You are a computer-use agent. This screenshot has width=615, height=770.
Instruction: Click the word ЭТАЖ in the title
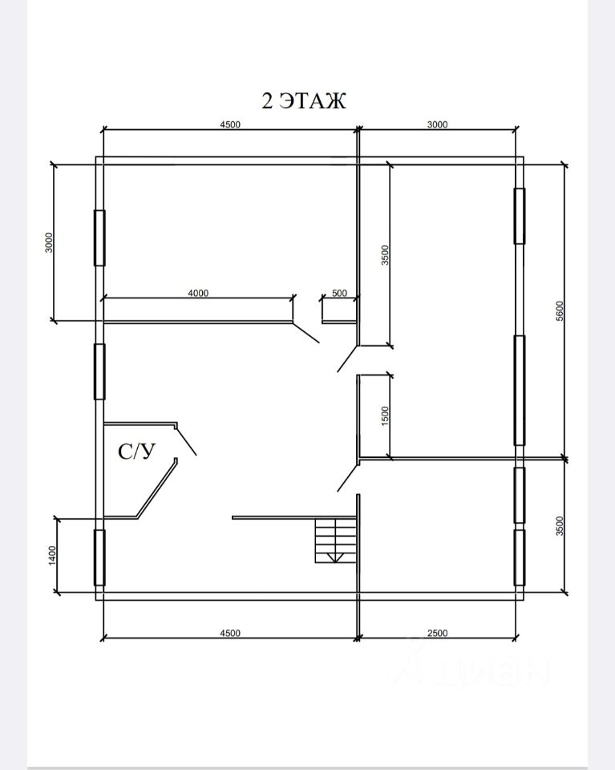(313, 101)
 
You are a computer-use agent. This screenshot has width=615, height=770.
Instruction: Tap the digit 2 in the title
(268, 101)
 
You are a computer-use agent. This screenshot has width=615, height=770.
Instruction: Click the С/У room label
(136, 452)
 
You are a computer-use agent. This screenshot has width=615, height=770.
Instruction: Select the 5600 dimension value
(560, 311)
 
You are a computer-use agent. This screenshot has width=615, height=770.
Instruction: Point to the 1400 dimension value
(52, 555)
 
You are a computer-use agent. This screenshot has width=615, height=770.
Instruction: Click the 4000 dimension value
(198, 294)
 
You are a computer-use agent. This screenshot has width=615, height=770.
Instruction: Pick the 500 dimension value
(339, 294)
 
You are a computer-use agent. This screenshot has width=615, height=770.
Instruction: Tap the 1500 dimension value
(386, 416)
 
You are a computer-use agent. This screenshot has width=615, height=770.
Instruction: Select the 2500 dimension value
(437, 633)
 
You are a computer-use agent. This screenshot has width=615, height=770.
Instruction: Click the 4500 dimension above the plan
(230, 125)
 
